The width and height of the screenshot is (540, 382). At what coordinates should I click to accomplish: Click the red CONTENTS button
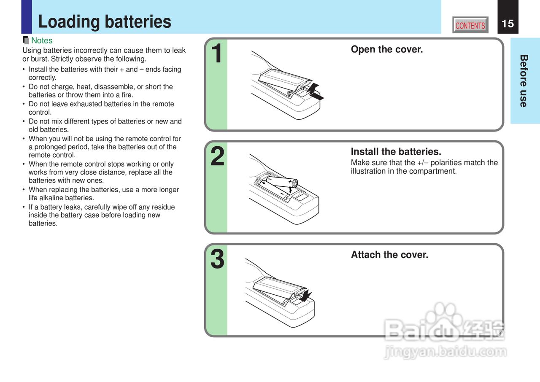point(470,25)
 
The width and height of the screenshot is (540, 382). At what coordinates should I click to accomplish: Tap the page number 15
point(508,24)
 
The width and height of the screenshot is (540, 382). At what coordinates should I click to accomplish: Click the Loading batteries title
point(105,22)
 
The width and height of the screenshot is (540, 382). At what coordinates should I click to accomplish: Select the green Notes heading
point(42,40)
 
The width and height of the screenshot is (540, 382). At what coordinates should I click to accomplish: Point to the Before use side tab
point(524,81)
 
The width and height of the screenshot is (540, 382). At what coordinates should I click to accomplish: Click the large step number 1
point(216,53)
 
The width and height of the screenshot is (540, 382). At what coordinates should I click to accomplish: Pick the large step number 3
point(217,259)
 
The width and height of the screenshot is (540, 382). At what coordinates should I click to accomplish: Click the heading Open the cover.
point(387,49)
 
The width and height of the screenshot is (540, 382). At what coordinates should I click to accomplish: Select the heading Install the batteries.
point(396,152)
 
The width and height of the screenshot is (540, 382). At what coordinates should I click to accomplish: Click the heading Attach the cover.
point(389,255)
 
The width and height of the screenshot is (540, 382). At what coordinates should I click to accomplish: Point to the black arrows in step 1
point(315,92)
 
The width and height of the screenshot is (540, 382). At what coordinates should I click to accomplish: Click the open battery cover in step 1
point(284,81)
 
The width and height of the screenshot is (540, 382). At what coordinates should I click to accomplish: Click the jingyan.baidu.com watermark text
point(445,352)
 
